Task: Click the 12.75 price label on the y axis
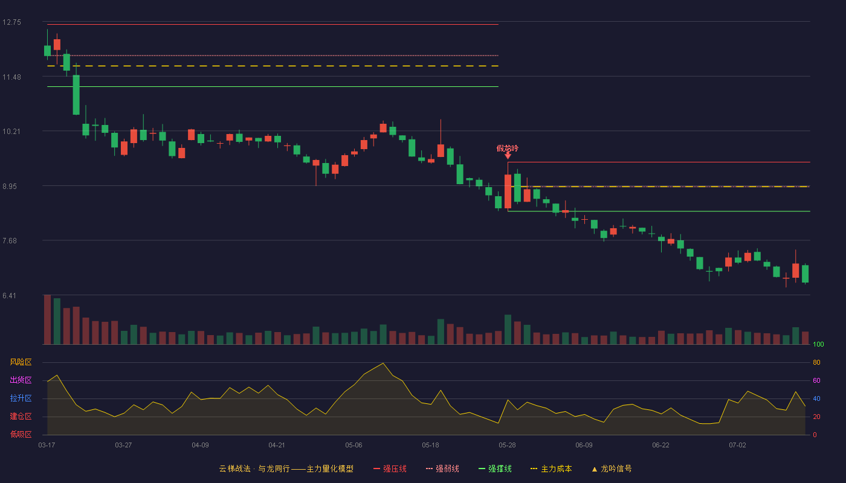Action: pos(11,22)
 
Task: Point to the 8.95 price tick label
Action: pos(10,187)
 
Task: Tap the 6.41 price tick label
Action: pos(10,295)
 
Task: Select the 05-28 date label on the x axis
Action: pos(507,446)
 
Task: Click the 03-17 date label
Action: pos(47,446)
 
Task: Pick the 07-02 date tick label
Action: pos(737,446)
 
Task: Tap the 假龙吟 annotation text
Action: pos(507,149)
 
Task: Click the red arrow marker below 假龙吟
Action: pos(508,156)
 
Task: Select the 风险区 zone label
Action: pos(21,362)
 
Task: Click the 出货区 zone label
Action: pos(21,380)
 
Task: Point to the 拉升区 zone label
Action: pos(21,398)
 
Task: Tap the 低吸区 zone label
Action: pos(21,434)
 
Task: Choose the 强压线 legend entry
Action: pos(390,469)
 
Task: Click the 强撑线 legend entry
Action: pos(495,469)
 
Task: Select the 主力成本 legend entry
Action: pos(551,469)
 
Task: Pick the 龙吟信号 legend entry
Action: pos(612,469)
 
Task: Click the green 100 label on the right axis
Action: pos(818,344)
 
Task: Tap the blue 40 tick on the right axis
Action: pos(816,398)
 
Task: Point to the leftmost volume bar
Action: pos(47,319)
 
